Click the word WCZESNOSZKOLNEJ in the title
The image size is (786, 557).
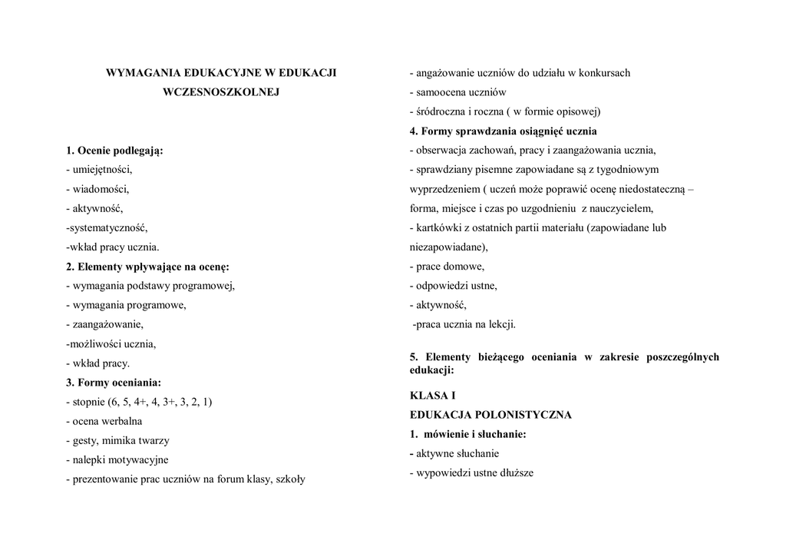coord(221,92)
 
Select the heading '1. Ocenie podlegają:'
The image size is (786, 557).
coord(114,151)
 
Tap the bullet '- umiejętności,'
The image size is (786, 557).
coord(99,170)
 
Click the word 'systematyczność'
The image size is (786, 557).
coord(107,228)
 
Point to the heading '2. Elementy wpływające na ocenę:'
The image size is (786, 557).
coord(147,267)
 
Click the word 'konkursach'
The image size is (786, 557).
coord(605,73)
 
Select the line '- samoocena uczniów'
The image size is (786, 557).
coord(457,92)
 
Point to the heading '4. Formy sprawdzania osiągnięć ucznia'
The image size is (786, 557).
coord(503,131)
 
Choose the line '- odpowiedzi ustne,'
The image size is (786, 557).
coord(453,286)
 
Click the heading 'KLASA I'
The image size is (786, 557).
coord(433,396)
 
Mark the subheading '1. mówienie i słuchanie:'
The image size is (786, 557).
coord(467,435)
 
